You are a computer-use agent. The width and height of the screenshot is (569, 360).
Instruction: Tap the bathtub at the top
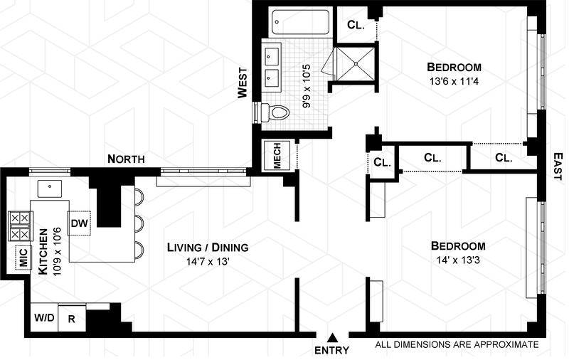300,22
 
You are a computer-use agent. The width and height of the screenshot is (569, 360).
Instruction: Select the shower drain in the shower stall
356,63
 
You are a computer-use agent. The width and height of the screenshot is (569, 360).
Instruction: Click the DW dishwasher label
80,223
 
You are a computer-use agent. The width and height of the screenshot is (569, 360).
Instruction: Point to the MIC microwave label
23,258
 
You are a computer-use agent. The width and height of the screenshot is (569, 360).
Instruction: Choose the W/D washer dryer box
44,318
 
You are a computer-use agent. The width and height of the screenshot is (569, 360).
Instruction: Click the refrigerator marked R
72,319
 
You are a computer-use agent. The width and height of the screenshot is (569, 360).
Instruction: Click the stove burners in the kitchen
20,226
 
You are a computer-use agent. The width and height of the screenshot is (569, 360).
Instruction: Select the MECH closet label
277,156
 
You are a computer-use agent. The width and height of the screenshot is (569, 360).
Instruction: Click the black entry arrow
332,338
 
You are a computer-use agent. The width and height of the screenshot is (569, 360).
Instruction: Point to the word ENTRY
331,351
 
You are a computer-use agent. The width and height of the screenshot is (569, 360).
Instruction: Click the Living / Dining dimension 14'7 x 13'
208,262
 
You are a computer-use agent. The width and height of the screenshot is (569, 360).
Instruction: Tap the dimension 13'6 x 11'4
454,81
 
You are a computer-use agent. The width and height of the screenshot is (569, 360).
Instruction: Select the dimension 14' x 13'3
459,260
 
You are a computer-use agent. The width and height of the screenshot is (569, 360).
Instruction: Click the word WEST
243,83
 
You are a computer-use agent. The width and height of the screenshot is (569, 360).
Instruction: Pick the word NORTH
127,159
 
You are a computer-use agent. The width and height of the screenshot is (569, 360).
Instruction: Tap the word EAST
558,166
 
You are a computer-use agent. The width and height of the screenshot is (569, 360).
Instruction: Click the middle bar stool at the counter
139,223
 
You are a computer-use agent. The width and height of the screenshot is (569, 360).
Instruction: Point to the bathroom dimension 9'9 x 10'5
307,86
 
